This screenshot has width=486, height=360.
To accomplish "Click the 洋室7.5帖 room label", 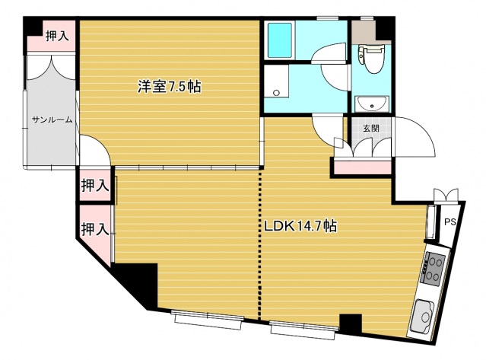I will (169, 88).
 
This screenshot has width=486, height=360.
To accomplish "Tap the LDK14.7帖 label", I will (301, 225).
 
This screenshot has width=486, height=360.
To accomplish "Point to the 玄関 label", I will (370, 128).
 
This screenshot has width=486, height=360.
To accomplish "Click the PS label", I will (449, 222).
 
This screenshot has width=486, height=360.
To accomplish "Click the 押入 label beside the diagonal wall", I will (94, 228).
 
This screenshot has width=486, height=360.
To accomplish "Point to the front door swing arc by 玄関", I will (418, 137).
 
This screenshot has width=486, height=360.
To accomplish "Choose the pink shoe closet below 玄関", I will (361, 166).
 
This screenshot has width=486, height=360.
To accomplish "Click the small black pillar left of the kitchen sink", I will (350, 323).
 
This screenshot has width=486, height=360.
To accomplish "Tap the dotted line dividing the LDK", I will (260, 244).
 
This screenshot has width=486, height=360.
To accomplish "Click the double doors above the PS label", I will (445, 195).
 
